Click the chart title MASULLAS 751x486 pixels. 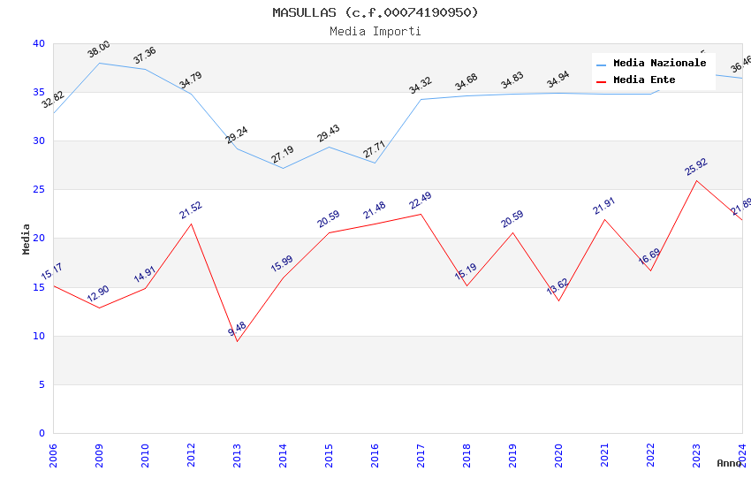pyautogui.click(x=375, y=12)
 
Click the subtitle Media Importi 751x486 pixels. pyautogui.click(x=375, y=32)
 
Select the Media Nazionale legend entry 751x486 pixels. pyautogui.click(x=659, y=64)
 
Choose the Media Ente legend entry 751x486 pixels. pyautogui.click(x=644, y=80)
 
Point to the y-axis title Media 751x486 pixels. pyautogui.click(x=27, y=239)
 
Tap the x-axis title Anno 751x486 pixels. pyautogui.click(x=729, y=463)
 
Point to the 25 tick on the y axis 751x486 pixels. pyautogui.click(x=39, y=190)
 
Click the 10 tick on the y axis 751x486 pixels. pyautogui.click(x=39, y=336)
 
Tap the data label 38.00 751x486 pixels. pyautogui.click(x=99, y=49)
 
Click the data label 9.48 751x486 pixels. pyautogui.click(x=237, y=330)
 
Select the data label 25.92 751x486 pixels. pyautogui.click(x=696, y=167)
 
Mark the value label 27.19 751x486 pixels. pyautogui.click(x=283, y=155)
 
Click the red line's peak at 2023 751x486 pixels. pyautogui.click(x=696, y=181)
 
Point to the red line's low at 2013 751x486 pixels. pyautogui.click(x=237, y=341)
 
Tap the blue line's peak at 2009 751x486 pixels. pyautogui.click(x=99, y=63)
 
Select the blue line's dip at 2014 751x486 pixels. pyautogui.click(x=283, y=168)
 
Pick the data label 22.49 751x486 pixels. pyautogui.click(x=421, y=201)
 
